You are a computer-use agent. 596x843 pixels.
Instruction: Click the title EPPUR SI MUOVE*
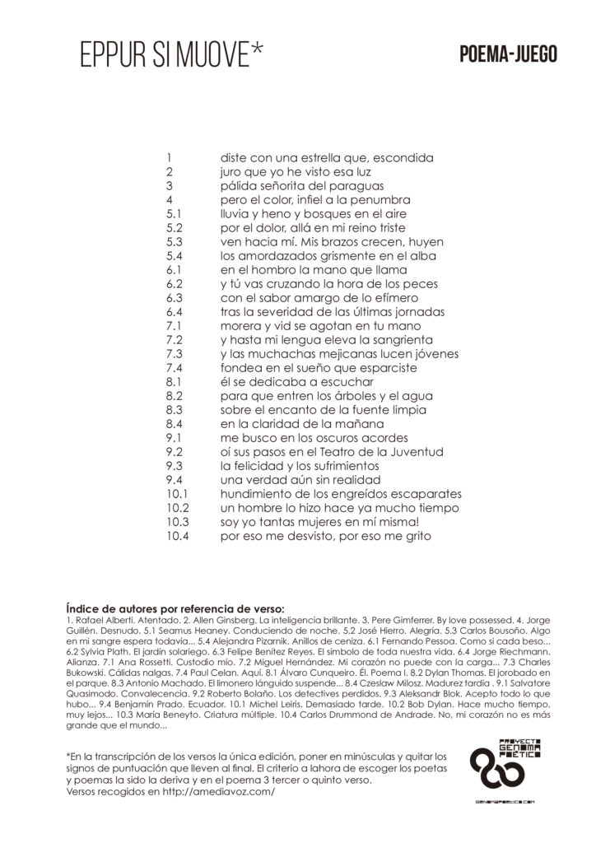pos(172,55)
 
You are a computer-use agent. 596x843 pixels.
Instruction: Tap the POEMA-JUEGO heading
pos(508,55)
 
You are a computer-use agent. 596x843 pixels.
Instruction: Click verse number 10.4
pos(179,536)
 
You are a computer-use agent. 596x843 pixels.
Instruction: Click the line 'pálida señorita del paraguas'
pos(301,186)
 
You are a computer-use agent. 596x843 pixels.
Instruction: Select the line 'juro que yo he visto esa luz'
pos(296,172)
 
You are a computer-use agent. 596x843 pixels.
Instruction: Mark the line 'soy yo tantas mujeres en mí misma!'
pos(320,522)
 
